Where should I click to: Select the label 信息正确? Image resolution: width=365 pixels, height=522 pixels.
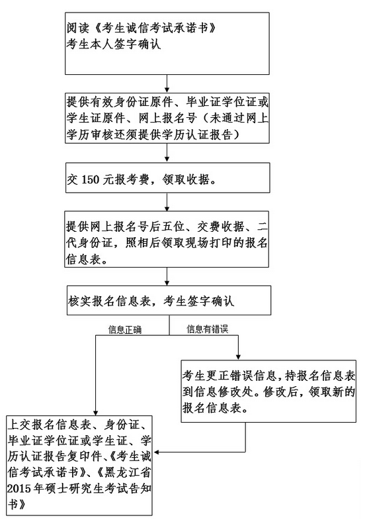click(125, 329)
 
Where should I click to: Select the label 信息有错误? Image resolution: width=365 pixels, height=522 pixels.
click(207, 329)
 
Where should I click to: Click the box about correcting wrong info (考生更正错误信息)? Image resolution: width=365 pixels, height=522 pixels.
click(271, 391)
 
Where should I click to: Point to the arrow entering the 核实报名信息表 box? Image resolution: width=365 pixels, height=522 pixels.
click(168, 278)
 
